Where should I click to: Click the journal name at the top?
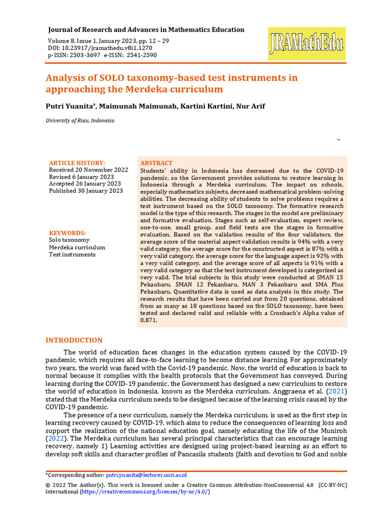pyautogui.click(x=146, y=29)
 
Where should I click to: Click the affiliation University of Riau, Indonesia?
pyautogui.click(x=80, y=120)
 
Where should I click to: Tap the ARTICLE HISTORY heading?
pyautogui.click(x=77, y=163)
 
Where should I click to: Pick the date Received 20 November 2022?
pyautogui.click(x=88, y=170)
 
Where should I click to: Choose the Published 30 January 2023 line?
pyautogui.click(x=85, y=190)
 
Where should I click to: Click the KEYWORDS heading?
pyautogui.click(x=67, y=233)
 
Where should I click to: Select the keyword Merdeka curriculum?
pyautogui.click(x=77, y=247)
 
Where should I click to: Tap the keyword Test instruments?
pyautogui.click(x=72, y=254)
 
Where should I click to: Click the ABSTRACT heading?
pyautogui.click(x=156, y=163)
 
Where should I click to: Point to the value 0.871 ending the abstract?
pyautogui.click(x=149, y=320)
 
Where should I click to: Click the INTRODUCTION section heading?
pyautogui.click(x=74, y=340)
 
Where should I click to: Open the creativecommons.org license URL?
pyautogui.click(x=145, y=492)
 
